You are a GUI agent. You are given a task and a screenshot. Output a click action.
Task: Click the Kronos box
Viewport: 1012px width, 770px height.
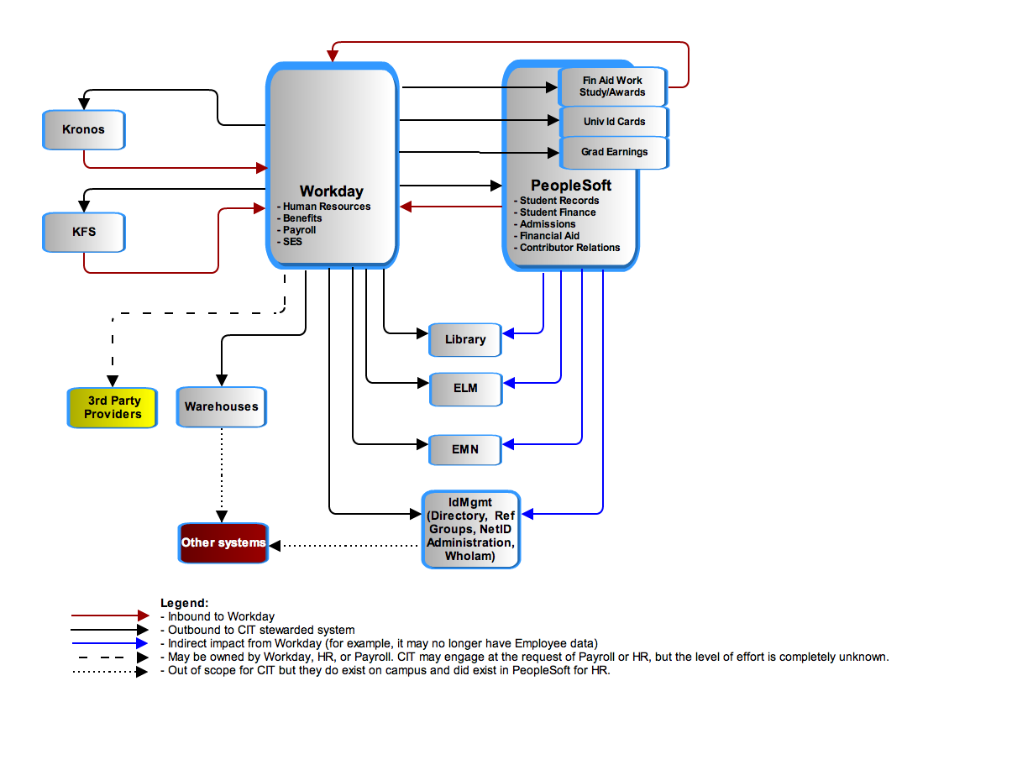click(x=83, y=129)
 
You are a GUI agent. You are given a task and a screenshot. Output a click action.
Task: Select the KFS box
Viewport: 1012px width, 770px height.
click(x=83, y=232)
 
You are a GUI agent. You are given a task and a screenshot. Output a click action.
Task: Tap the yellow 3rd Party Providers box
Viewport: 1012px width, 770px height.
click(x=112, y=407)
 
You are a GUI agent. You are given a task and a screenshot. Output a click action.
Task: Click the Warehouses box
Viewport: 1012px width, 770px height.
click(x=222, y=406)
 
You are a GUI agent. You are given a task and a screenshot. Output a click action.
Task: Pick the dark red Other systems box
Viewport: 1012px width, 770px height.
click(x=223, y=542)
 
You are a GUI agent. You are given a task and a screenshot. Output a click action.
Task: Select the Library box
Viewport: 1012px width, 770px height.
click(x=464, y=339)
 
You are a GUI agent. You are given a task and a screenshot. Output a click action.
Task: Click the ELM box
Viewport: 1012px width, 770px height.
click(x=465, y=389)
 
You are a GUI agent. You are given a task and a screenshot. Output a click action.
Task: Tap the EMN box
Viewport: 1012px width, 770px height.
click(x=464, y=449)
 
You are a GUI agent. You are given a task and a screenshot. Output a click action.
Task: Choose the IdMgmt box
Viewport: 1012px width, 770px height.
click(x=470, y=529)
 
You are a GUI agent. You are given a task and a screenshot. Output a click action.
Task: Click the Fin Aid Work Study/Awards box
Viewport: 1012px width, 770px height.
click(x=612, y=86)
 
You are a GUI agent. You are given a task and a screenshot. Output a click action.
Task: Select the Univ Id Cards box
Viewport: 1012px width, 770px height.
click(x=614, y=122)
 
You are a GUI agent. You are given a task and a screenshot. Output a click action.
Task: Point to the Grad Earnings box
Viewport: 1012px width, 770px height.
click(x=614, y=152)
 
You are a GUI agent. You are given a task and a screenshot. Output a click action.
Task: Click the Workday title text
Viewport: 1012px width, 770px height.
click(x=331, y=191)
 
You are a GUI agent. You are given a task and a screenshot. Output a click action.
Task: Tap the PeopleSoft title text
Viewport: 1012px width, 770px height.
click(x=570, y=186)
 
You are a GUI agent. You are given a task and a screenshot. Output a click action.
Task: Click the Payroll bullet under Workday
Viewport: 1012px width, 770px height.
click(x=296, y=230)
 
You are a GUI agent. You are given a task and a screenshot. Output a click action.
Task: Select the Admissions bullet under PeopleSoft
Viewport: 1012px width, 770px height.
click(x=544, y=224)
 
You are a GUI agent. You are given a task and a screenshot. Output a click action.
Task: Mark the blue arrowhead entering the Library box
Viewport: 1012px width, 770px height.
click(x=508, y=333)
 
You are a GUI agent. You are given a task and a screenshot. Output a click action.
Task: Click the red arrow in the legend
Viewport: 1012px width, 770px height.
click(x=110, y=615)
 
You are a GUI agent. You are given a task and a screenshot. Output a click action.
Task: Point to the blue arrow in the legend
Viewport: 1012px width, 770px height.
click(x=110, y=643)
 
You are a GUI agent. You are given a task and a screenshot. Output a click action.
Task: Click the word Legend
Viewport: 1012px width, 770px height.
click(x=184, y=603)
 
